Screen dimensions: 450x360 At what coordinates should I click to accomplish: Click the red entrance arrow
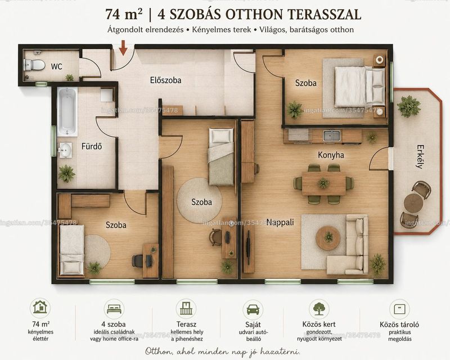click(x=123, y=48)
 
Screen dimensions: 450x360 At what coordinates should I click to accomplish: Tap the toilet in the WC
click(x=34, y=65)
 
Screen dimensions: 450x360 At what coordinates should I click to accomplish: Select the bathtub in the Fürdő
click(x=67, y=111)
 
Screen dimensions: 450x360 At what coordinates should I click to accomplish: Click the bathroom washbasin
click(x=65, y=150)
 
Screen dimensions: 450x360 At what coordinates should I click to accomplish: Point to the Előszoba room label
click(x=165, y=80)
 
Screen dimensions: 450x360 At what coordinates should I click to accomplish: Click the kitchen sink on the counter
click(x=332, y=135)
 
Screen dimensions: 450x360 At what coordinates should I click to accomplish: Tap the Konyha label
click(x=331, y=155)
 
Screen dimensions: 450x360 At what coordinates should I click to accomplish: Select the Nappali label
click(x=280, y=222)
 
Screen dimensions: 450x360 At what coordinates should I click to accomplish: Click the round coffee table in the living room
click(x=328, y=238)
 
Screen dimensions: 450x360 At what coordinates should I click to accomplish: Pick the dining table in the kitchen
click(x=324, y=183)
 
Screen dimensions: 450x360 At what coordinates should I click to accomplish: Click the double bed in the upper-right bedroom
click(x=359, y=87)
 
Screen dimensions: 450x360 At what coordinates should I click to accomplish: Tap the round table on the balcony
click(x=413, y=203)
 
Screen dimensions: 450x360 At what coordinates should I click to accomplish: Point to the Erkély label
click(x=420, y=156)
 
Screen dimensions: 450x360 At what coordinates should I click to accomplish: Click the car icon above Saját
click(x=253, y=309)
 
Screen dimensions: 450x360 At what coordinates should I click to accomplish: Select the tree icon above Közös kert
click(x=319, y=309)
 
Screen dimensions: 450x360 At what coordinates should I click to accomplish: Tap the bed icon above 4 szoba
click(x=114, y=309)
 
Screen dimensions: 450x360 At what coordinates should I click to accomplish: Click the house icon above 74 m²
click(x=40, y=307)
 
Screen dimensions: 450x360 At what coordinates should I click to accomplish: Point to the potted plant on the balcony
click(x=409, y=106)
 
